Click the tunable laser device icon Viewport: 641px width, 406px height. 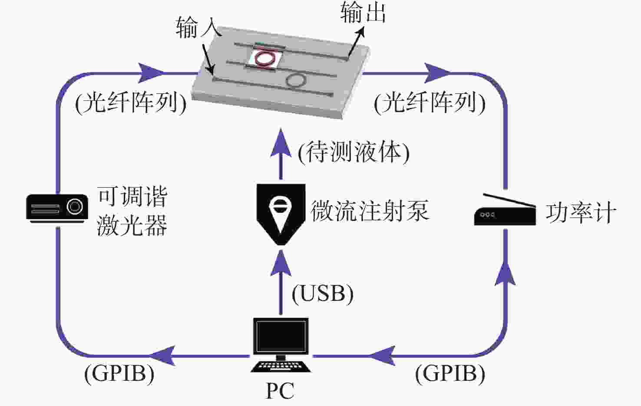(57, 209)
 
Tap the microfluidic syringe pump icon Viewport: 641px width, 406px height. (281, 214)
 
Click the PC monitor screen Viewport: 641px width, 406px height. (281, 336)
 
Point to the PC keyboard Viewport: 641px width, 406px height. (281, 367)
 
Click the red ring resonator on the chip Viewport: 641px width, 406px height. (264, 58)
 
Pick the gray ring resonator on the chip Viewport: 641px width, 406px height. (297, 80)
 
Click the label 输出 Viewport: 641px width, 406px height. (363, 13)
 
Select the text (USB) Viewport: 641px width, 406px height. (323, 294)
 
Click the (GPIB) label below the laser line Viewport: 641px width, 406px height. (119, 374)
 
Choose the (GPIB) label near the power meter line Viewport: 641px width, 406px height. (450, 374)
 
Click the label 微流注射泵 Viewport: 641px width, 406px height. (370, 210)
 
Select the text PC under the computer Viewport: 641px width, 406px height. (280, 391)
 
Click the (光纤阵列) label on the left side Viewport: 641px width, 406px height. (131, 103)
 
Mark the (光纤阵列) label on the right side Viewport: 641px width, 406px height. (430, 103)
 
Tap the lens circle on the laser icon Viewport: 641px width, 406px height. (74, 206)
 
